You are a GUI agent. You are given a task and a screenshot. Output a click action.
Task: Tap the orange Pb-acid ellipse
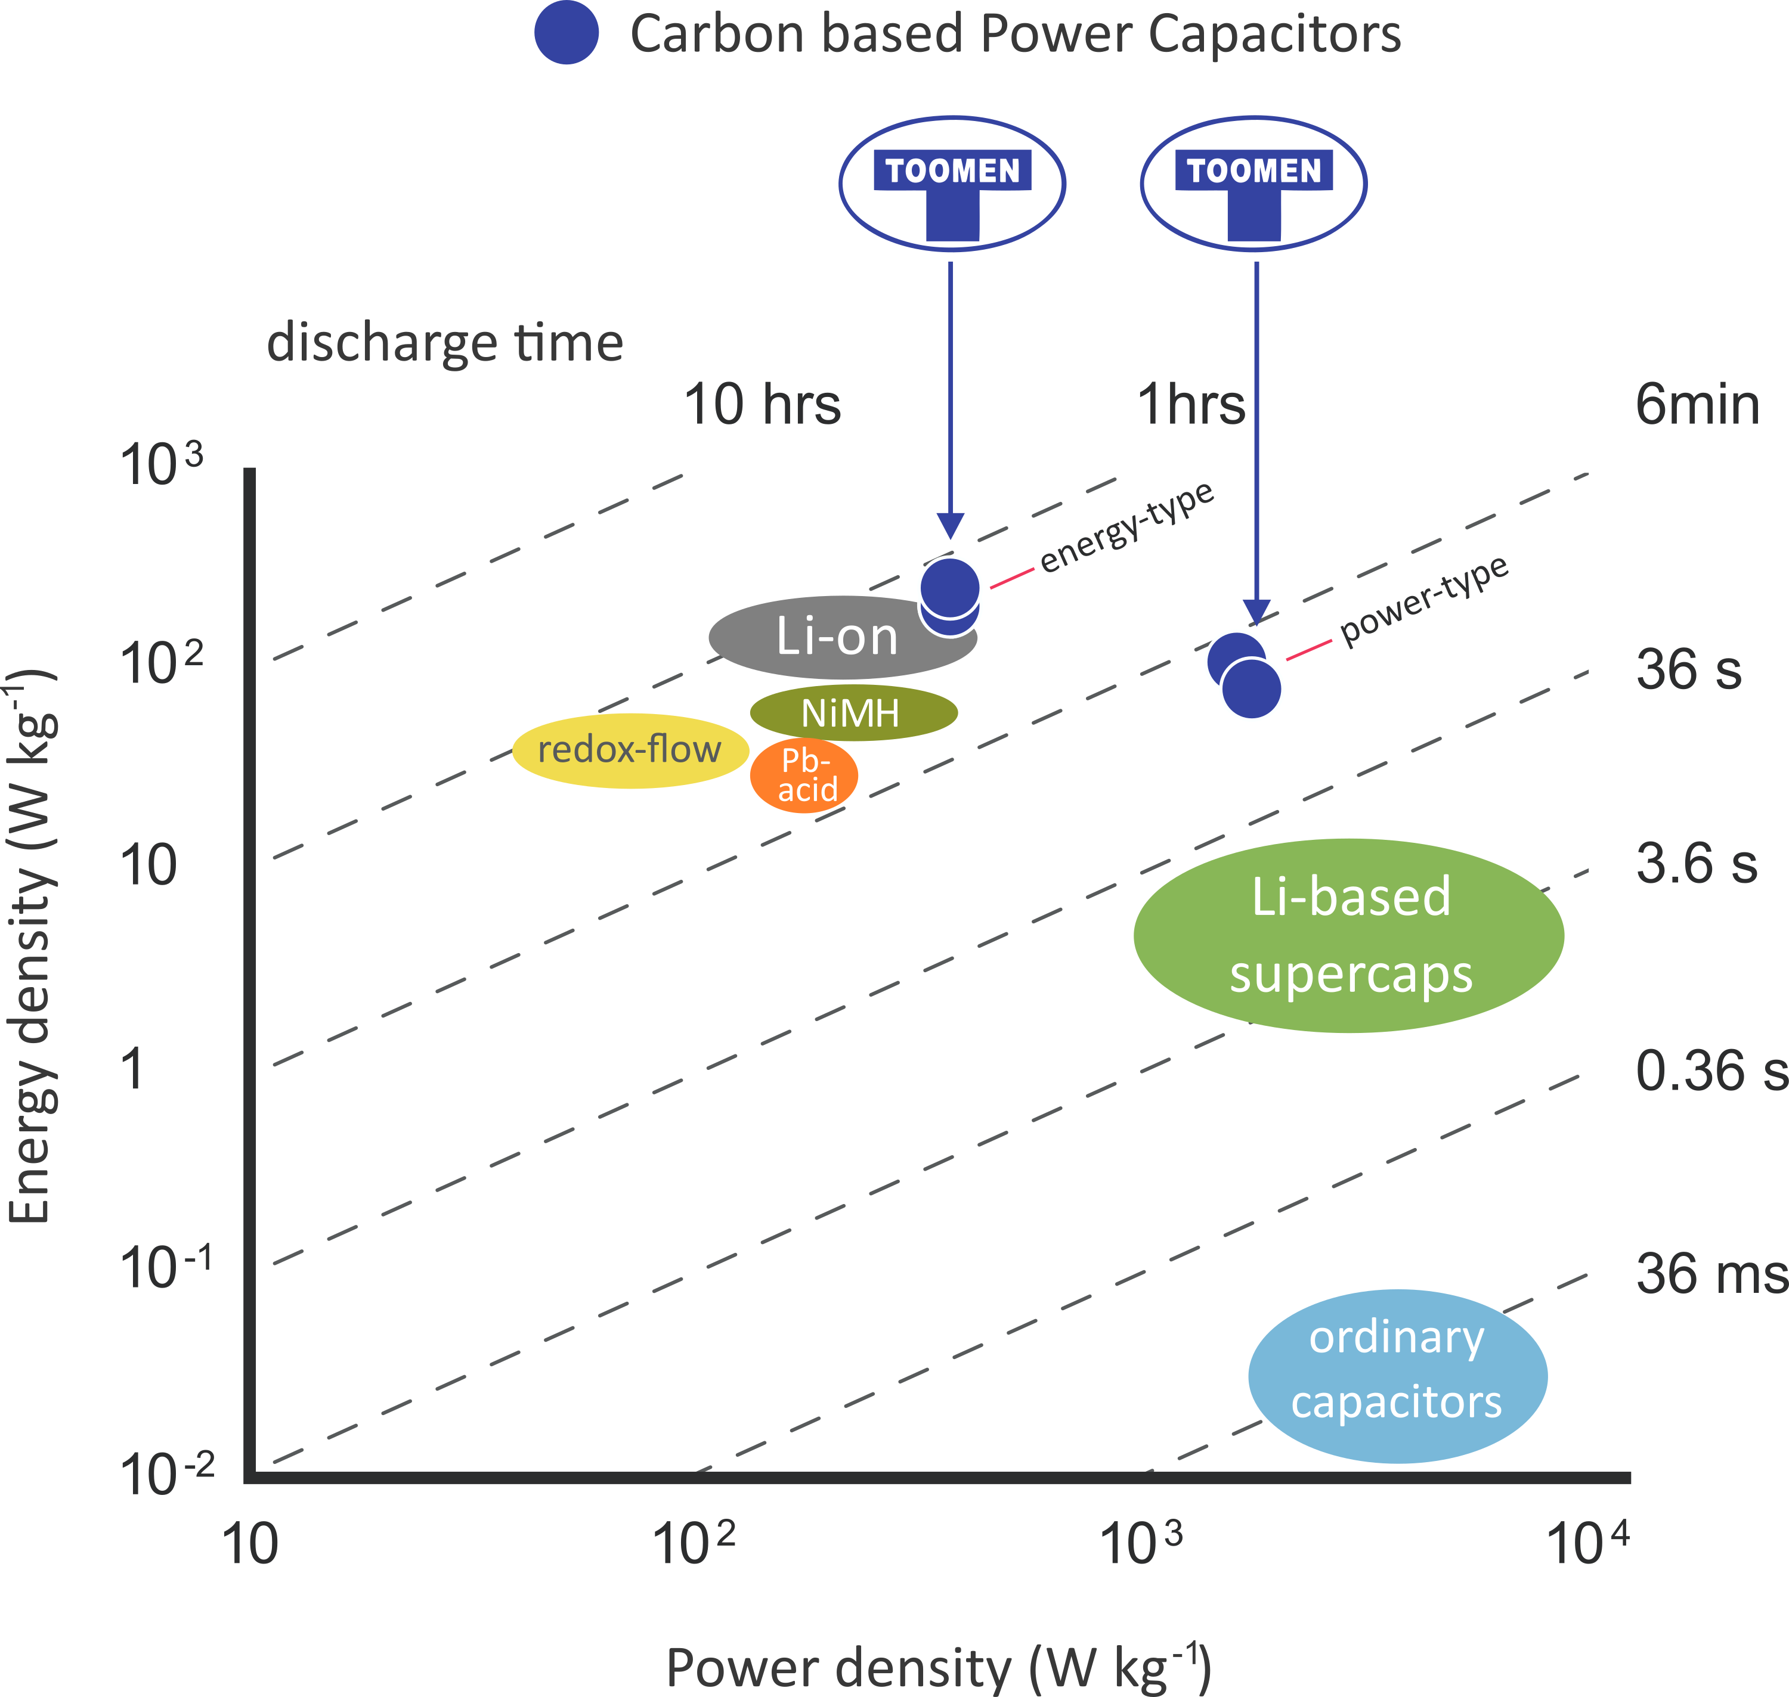tap(803, 775)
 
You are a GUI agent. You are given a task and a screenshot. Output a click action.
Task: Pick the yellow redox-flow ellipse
tap(630, 750)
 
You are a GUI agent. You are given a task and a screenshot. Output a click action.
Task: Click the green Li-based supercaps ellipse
tap(1348, 935)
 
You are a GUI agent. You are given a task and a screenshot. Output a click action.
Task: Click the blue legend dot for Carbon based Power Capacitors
tap(567, 33)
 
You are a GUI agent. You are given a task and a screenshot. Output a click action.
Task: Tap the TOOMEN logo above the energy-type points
tap(952, 183)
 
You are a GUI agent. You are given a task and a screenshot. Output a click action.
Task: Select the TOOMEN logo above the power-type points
tap(1253, 183)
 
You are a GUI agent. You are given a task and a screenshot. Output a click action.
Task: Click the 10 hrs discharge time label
tap(762, 404)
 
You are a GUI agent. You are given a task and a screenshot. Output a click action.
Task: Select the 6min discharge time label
tap(1697, 404)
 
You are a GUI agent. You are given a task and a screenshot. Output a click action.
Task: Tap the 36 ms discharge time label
tap(1710, 1274)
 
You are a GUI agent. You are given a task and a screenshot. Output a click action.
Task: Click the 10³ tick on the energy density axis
tap(161, 465)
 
